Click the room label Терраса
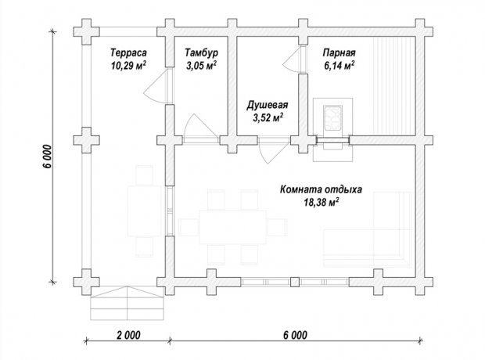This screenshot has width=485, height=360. pyautogui.click(x=128, y=52)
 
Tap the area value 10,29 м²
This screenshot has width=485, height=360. pyautogui.click(x=128, y=66)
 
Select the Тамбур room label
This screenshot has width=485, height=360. pyautogui.click(x=201, y=52)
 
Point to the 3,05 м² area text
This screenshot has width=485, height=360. pyautogui.click(x=201, y=66)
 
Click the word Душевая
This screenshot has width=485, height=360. pyautogui.click(x=268, y=105)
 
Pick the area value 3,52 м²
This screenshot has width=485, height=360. pyautogui.click(x=268, y=118)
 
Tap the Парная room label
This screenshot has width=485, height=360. pyautogui.click(x=339, y=52)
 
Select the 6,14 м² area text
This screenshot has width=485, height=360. pyautogui.click(x=339, y=66)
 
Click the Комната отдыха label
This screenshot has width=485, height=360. pyautogui.click(x=321, y=189)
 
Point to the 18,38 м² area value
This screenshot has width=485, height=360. pyautogui.click(x=321, y=203)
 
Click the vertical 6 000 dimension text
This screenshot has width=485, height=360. pyautogui.click(x=47, y=157)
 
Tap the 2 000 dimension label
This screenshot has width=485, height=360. pyautogui.click(x=128, y=335)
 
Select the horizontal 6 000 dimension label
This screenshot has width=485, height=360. pyautogui.click(x=296, y=335)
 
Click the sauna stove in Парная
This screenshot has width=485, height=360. pyautogui.click(x=332, y=118)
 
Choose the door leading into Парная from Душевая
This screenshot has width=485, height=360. pyautogui.click(x=291, y=60)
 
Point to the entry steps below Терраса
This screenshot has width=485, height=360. pyautogui.click(x=128, y=303)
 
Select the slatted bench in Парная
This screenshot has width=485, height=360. pyautogui.click(x=394, y=86)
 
